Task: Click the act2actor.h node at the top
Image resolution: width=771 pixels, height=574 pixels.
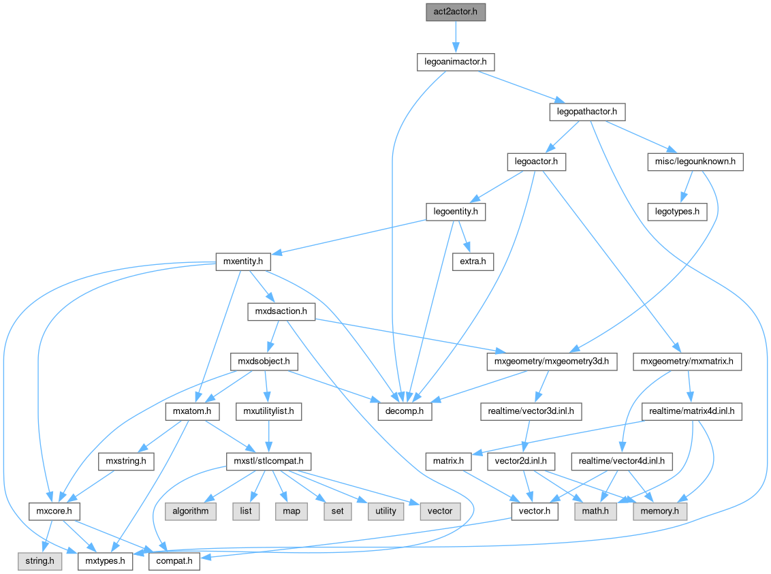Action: tap(455, 12)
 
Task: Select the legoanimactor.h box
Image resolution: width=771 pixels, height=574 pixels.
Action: tap(455, 62)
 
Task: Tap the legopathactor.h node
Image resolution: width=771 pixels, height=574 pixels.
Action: tap(586, 112)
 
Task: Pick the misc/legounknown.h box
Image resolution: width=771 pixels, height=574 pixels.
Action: tap(695, 162)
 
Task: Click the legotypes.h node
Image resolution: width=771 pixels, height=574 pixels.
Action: tap(678, 212)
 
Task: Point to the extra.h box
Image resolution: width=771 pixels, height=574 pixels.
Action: tap(473, 261)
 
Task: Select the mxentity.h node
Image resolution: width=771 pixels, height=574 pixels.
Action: tap(243, 261)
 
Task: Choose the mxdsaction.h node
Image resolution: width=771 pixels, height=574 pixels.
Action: tap(281, 312)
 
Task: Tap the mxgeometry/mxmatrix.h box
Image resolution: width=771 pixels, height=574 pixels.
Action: tap(687, 362)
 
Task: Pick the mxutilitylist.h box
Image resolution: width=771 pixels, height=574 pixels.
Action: tap(268, 411)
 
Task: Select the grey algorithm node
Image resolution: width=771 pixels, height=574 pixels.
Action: tap(191, 511)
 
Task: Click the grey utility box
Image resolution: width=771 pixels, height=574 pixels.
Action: tap(385, 511)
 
